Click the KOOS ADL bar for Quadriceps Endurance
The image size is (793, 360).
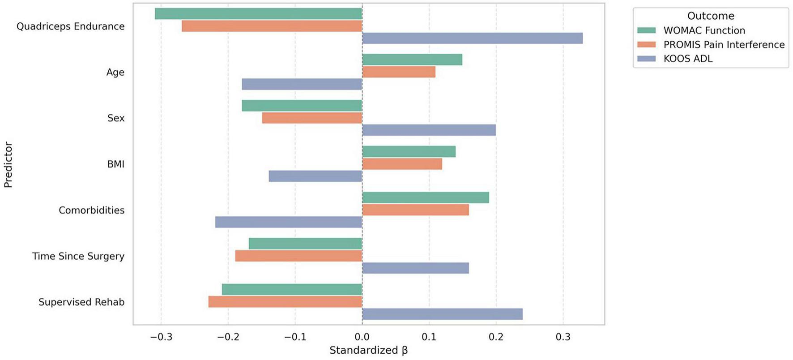pos(472,39)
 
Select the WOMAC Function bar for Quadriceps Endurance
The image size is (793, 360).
pos(258,14)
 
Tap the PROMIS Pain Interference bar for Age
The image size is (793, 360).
pos(398,72)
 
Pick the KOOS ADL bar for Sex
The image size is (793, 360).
pos(429,130)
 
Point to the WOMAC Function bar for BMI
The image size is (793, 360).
pos(409,152)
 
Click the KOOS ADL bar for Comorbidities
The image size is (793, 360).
pos(289,222)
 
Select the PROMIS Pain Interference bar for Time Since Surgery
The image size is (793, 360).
pos(298,256)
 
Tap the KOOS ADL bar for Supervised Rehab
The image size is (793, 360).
pos(442,314)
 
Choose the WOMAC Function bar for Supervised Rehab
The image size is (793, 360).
pos(292,290)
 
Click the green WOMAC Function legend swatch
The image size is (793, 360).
pos(646,30)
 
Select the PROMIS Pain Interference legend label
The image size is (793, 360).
pos(724,45)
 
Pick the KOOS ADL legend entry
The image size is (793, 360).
pos(688,59)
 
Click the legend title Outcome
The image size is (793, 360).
pos(711,16)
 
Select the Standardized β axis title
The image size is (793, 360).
pos(368,351)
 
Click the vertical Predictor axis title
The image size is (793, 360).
pos(8,164)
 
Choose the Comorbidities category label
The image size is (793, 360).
pos(91,210)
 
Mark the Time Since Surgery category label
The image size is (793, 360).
pos(78,257)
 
